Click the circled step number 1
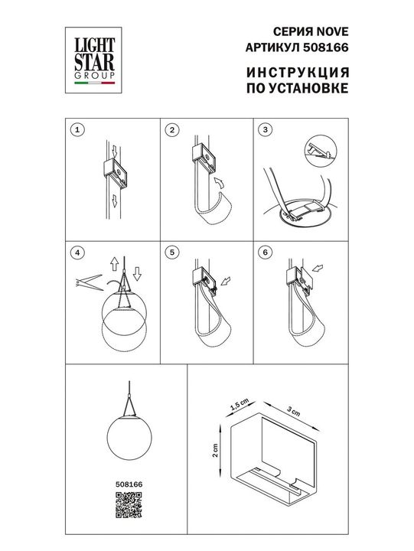click(75, 129)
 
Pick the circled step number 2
click(171, 129)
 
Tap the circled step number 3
click(266, 129)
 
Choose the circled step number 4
click(75, 252)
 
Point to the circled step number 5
click(171, 252)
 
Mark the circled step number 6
click(266, 252)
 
